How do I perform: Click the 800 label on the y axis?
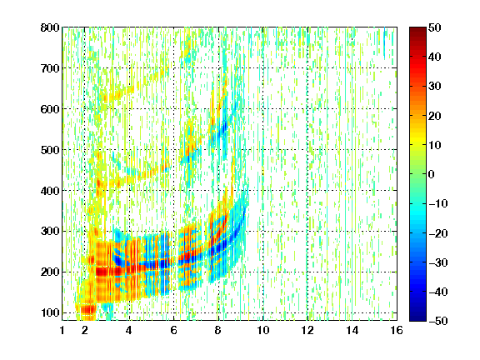(x=50, y=27)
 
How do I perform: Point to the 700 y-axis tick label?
(x=50, y=68)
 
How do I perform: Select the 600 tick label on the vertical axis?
(x=50, y=109)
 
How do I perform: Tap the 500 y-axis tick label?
(x=50, y=150)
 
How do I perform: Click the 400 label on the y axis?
(x=50, y=191)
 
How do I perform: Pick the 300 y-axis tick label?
(x=50, y=232)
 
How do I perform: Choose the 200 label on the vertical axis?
(x=50, y=272)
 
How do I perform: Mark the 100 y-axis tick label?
(x=50, y=312)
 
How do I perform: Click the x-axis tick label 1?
(x=62, y=330)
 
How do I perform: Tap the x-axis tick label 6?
(x=173, y=330)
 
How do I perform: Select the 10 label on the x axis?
(x=263, y=330)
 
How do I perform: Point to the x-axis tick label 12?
(x=307, y=330)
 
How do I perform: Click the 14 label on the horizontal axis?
(x=352, y=330)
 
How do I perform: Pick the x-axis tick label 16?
(x=397, y=330)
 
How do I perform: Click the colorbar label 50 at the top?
(x=434, y=27)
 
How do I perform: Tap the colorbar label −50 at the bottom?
(x=438, y=321)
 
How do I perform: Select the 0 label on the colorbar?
(x=432, y=174)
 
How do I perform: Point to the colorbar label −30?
(x=438, y=262)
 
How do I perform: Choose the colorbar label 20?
(x=434, y=116)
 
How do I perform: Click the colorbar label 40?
(x=434, y=57)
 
